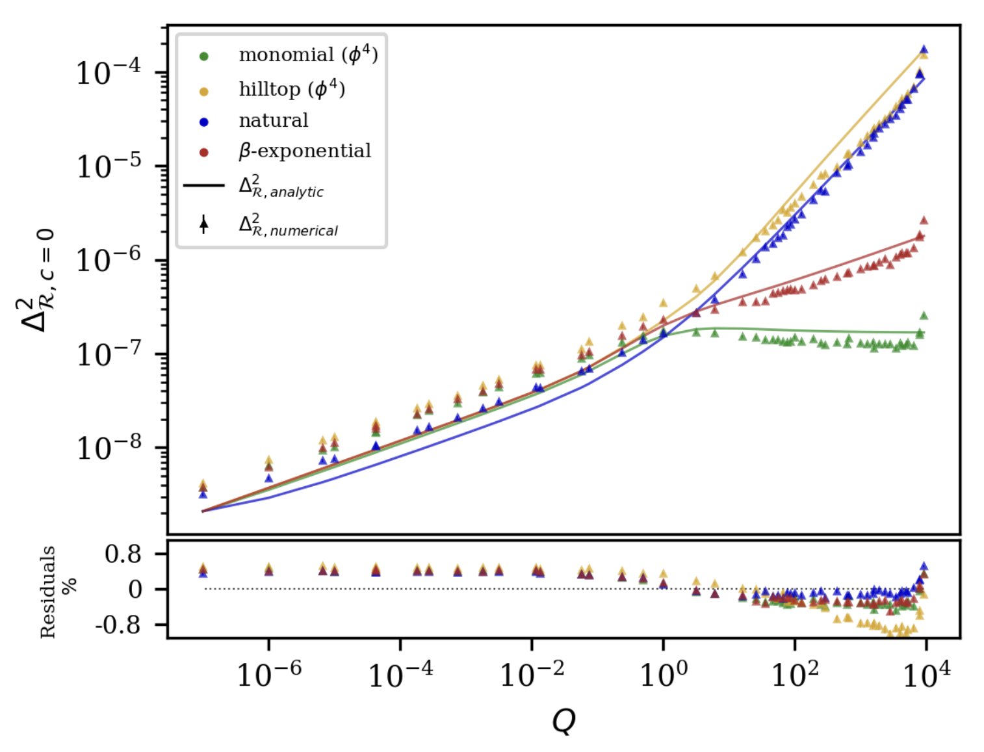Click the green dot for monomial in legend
coord(203,57)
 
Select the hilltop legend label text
coord(292,89)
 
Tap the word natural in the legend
coord(273,121)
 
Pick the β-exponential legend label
coord(304,151)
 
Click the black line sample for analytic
coord(203,186)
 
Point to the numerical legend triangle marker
coord(203,224)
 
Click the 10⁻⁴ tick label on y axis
coord(108,71)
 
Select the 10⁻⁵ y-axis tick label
coord(108,166)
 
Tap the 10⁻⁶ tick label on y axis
coord(108,260)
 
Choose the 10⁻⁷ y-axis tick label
coord(108,354)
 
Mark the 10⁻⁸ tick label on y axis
coord(108,447)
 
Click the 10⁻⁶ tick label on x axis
coord(268,673)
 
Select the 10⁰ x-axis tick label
coord(663,673)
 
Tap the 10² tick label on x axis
coord(794,673)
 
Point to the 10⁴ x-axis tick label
coord(926,673)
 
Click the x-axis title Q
coord(563,720)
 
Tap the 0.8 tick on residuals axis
coord(123,554)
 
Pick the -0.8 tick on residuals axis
coord(118,625)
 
